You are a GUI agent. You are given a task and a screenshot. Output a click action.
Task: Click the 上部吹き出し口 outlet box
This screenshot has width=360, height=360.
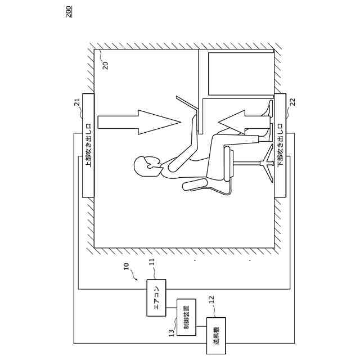click(88, 146)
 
